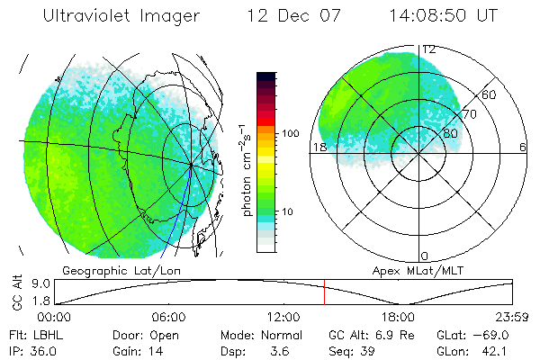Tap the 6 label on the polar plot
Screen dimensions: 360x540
[523, 147]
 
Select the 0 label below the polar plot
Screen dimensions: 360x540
[425, 256]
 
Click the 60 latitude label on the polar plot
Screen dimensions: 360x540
[490, 94]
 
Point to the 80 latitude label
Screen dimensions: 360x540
[450, 132]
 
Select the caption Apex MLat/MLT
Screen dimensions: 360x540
[411, 270]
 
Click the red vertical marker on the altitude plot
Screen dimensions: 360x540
[324, 292]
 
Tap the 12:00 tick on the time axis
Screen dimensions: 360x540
[283, 318]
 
